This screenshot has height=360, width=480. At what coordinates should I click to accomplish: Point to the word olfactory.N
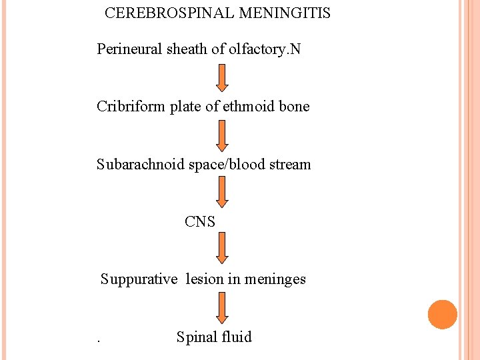coord(264,49)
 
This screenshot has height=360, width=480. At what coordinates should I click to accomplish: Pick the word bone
coord(294,107)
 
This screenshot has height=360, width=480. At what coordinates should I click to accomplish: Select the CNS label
coord(200,222)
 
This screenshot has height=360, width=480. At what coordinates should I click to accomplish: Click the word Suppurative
coord(139,279)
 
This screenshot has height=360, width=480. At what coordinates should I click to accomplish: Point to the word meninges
coord(276,279)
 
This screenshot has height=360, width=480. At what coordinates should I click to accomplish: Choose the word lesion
coord(204,279)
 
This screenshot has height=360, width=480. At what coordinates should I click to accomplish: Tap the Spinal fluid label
coord(214,337)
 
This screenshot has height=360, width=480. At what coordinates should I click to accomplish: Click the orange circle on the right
coord(443,315)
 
